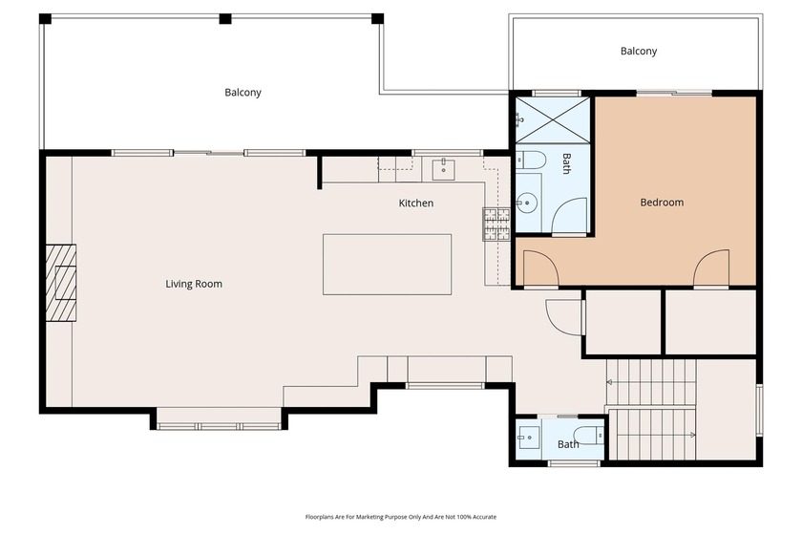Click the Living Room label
click(194, 284)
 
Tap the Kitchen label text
click(415, 203)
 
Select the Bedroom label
click(661, 203)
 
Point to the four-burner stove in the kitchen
click(496, 223)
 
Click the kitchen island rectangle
click(387, 265)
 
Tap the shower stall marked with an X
click(553, 120)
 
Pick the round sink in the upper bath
click(526, 202)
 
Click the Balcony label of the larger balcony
click(243, 93)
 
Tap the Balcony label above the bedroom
click(638, 52)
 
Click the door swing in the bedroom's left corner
click(538, 269)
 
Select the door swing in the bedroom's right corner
click(711, 269)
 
